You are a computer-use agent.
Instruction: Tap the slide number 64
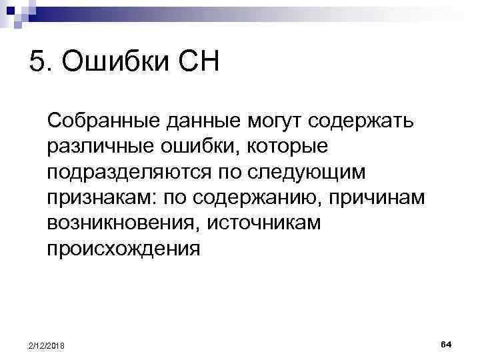[446, 343]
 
